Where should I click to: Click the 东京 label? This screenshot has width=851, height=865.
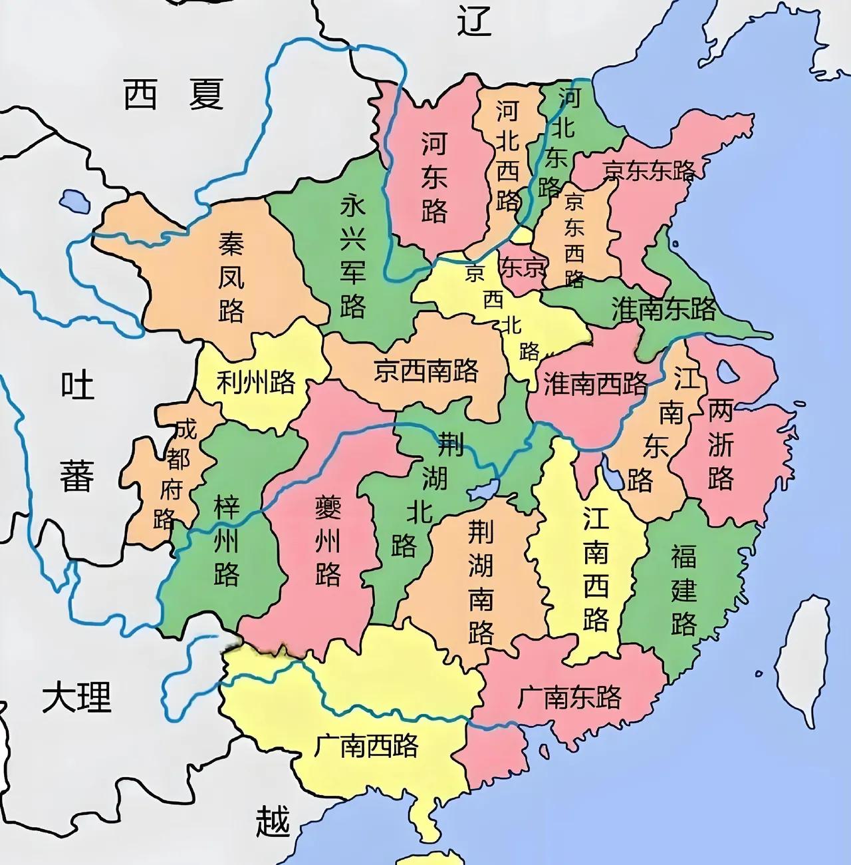[x=523, y=267]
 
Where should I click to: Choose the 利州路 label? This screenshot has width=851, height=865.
[x=256, y=382]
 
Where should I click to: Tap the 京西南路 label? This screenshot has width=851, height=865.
[x=425, y=370]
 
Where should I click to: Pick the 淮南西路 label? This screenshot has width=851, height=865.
[x=595, y=383]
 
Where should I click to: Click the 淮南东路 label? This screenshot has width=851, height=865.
[x=664, y=308]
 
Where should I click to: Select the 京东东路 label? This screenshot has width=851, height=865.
[x=649, y=171]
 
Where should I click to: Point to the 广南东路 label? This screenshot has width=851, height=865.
[x=569, y=697]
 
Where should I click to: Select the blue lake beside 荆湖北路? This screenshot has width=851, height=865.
[x=483, y=490]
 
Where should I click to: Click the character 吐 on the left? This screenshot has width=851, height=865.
[x=78, y=385]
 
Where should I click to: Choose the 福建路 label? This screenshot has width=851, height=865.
[x=683, y=589]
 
